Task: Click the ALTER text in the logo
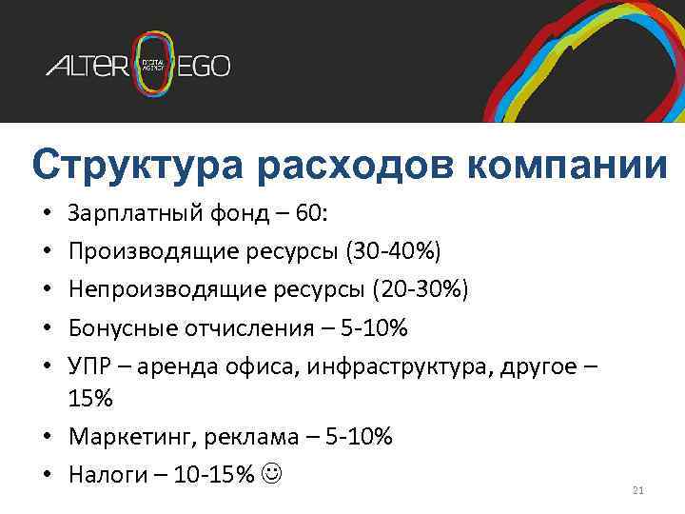(x=87, y=67)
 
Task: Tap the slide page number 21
(x=637, y=490)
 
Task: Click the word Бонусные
(x=115, y=328)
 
